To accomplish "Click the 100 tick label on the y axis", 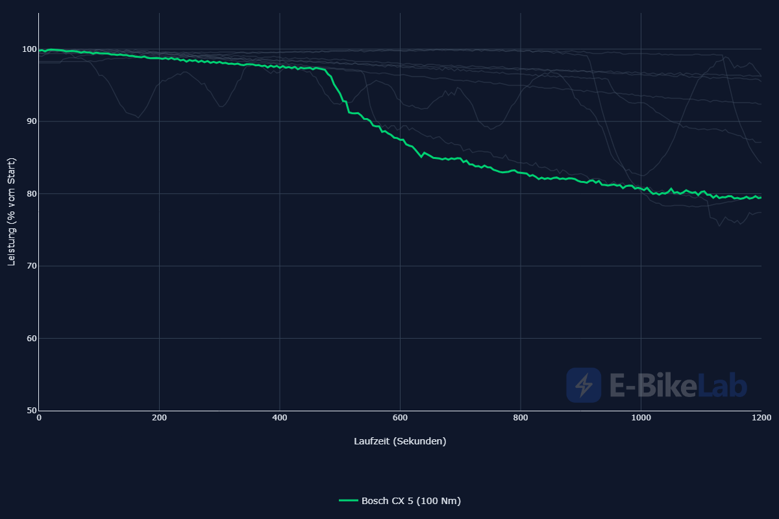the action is tap(29, 49).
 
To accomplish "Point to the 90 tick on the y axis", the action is tap(32, 121).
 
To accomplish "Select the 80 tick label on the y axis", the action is tap(32, 193).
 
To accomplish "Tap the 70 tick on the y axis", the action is tap(32, 266).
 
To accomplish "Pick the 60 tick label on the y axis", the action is tap(32, 338).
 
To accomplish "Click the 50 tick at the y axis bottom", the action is tap(32, 411).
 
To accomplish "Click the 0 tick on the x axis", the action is tap(39, 418).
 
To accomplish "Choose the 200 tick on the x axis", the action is tap(159, 418).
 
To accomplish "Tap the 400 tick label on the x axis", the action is tap(280, 418).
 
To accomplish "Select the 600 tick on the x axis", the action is tap(400, 418).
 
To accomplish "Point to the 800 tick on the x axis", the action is tap(520, 418).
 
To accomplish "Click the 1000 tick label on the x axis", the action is tap(641, 418).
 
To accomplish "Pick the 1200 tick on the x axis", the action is tap(761, 418).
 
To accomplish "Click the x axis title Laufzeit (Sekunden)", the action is tap(400, 441).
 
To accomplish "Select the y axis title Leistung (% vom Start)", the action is tap(12, 211).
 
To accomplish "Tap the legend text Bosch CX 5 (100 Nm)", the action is tap(411, 501).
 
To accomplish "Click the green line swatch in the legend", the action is tap(349, 501).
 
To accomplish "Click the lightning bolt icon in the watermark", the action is tap(584, 385).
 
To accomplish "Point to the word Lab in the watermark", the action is tap(722, 385).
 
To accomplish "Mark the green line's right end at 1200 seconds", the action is tap(761, 198).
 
